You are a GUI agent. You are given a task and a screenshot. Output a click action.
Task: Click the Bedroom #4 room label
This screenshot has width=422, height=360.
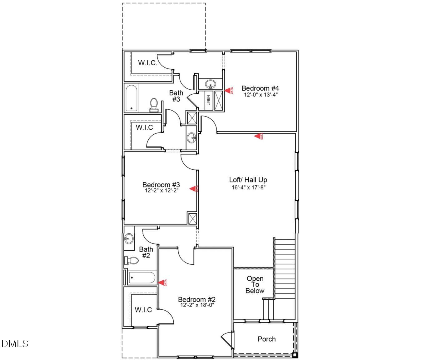pyautogui.click(x=260, y=88)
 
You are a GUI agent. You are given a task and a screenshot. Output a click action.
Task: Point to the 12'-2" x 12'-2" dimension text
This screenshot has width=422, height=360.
pyautogui.click(x=161, y=190)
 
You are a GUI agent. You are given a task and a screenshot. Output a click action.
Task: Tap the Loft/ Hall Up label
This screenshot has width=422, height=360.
pyautogui.click(x=248, y=180)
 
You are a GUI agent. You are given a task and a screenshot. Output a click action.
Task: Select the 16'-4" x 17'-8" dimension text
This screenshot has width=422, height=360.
pyautogui.click(x=248, y=187)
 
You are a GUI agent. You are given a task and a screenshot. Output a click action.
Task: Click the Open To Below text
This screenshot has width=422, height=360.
pyautogui.click(x=255, y=284)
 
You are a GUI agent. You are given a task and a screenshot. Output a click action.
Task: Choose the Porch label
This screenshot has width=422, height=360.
pyautogui.click(x=266, y=339)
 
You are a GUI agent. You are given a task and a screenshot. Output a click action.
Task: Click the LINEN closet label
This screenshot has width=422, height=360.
pyautogui.click(x=208, y=100)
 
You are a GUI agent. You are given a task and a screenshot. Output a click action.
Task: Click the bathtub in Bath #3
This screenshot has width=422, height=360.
pyautogui.click(x=132, y=98)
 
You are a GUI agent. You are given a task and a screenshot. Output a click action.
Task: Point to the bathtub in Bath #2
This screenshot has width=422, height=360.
pyautogui.click(x=141, y=277)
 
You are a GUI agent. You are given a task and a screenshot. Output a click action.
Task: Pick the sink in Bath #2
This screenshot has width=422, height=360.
pyautogui.click(x=128, y=239)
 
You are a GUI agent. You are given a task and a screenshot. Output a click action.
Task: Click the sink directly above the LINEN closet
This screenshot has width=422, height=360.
pyautogui.click(x=210, y=84)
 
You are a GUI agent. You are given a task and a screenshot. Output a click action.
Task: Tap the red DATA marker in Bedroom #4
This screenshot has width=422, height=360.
pyautogui.click(x=228, y=91)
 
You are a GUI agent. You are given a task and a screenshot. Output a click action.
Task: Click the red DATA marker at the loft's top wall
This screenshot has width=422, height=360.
pyautogui.click(x=258, y=136)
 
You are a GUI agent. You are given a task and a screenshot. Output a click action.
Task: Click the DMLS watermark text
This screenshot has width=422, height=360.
pyautogui.click(x=15, y=344)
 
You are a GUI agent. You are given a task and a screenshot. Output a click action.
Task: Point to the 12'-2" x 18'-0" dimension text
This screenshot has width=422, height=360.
pyautogui.click(x=197, y=305)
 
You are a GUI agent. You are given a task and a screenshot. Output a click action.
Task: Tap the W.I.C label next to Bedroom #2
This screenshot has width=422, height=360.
pyautogui.click(x=143, y=310)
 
